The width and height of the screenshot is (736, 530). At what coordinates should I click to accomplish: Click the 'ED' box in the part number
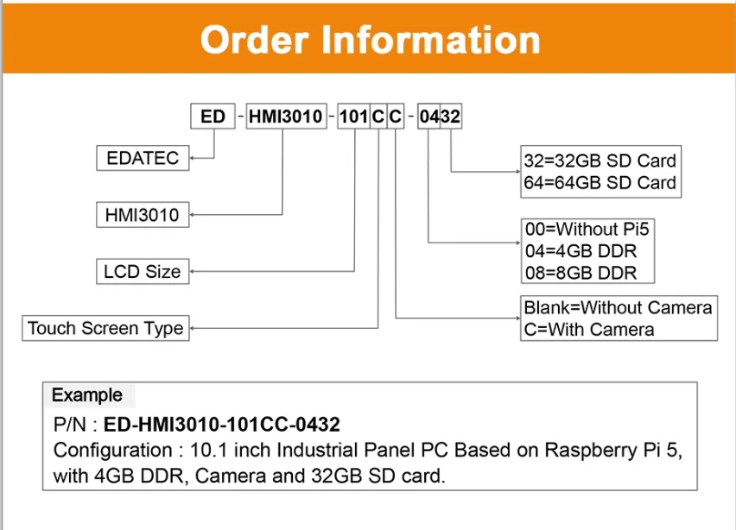(213, 117)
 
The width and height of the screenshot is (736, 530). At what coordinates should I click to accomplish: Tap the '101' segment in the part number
(352, 117)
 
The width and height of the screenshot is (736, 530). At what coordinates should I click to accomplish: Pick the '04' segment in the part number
(428, 117)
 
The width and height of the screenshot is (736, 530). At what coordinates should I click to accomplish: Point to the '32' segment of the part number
(451, 117)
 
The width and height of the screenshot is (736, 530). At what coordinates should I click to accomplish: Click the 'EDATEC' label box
(143, 158)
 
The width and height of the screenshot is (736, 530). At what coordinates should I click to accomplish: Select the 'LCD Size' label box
(142, 271)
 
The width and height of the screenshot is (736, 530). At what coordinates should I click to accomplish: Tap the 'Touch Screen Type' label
(105, 328)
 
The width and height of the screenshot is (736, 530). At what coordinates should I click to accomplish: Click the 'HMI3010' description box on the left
(142, 215)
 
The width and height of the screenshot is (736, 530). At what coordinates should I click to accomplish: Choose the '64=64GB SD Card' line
(600, 183)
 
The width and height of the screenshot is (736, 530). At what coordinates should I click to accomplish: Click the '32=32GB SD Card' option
(600, 161)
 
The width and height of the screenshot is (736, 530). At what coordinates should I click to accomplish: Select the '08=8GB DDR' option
(581, 274)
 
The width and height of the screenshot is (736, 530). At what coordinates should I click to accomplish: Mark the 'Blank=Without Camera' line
(618, 307)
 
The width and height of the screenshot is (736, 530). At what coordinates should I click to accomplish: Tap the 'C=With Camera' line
(588, 329)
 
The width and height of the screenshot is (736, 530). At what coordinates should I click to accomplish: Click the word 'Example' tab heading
(87, 395)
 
